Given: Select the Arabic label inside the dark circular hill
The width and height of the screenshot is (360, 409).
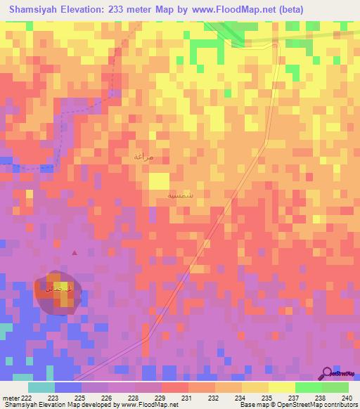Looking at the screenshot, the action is pyautogui.click(x=58, y=290).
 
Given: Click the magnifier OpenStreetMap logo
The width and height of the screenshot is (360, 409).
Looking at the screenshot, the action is pyautogui.click(x=328, y=373).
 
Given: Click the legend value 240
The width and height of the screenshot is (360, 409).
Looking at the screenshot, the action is pyautogui.click(x=345, y=397).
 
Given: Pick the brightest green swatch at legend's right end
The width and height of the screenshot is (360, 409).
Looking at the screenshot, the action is pyautogui.click(x=335, y=387).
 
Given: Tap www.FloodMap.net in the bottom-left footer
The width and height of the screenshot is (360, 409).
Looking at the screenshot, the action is pyautogui.click(x=149, y=405).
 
